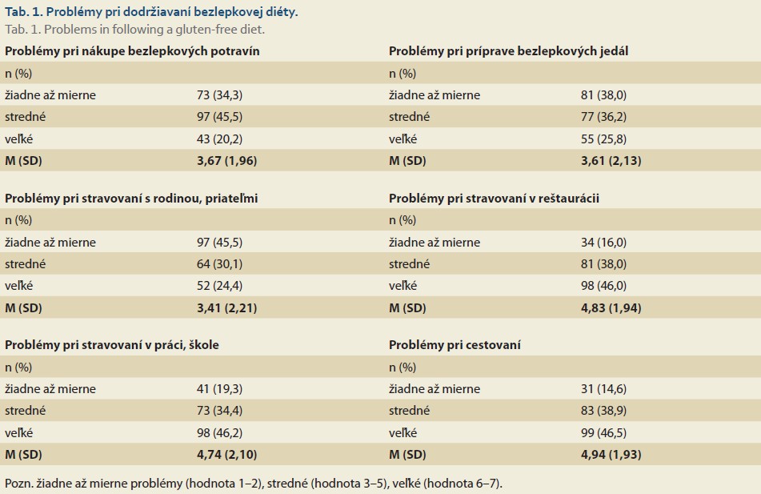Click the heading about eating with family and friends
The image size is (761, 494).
pyautogui.click(x=131, y=199)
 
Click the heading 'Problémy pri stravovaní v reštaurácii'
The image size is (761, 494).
pyautogui.click(x=494, y=199)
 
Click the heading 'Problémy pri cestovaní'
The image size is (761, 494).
pyautogui.click(x=455, y=345)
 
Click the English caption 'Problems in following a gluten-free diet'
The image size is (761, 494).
pyautogui.click(x=154, y=30)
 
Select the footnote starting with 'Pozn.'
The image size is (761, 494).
pyautogui.click(x=254, y=484)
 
